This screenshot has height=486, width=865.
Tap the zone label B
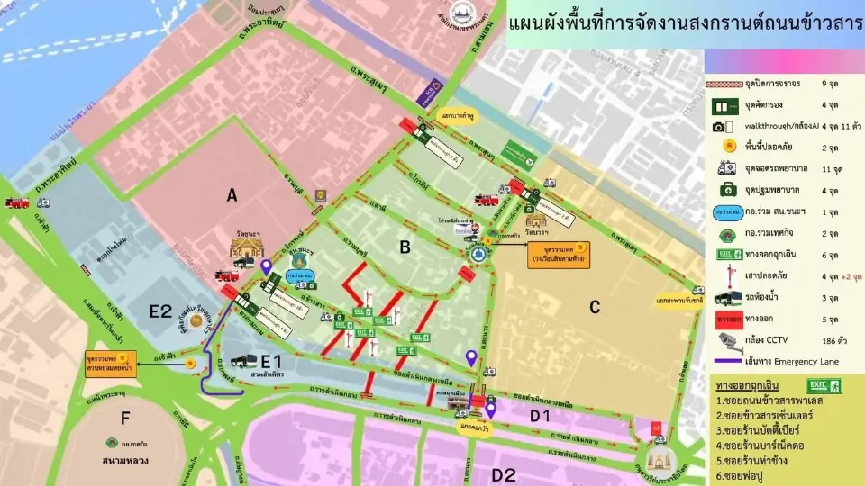pos(405,246)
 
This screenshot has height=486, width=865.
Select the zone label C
pos(595,307)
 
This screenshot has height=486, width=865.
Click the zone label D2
pos(504,474)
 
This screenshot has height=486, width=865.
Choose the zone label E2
pos(160,311)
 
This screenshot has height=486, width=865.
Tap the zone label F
pos(124,418)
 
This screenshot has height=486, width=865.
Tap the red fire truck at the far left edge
pos(15,202)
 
